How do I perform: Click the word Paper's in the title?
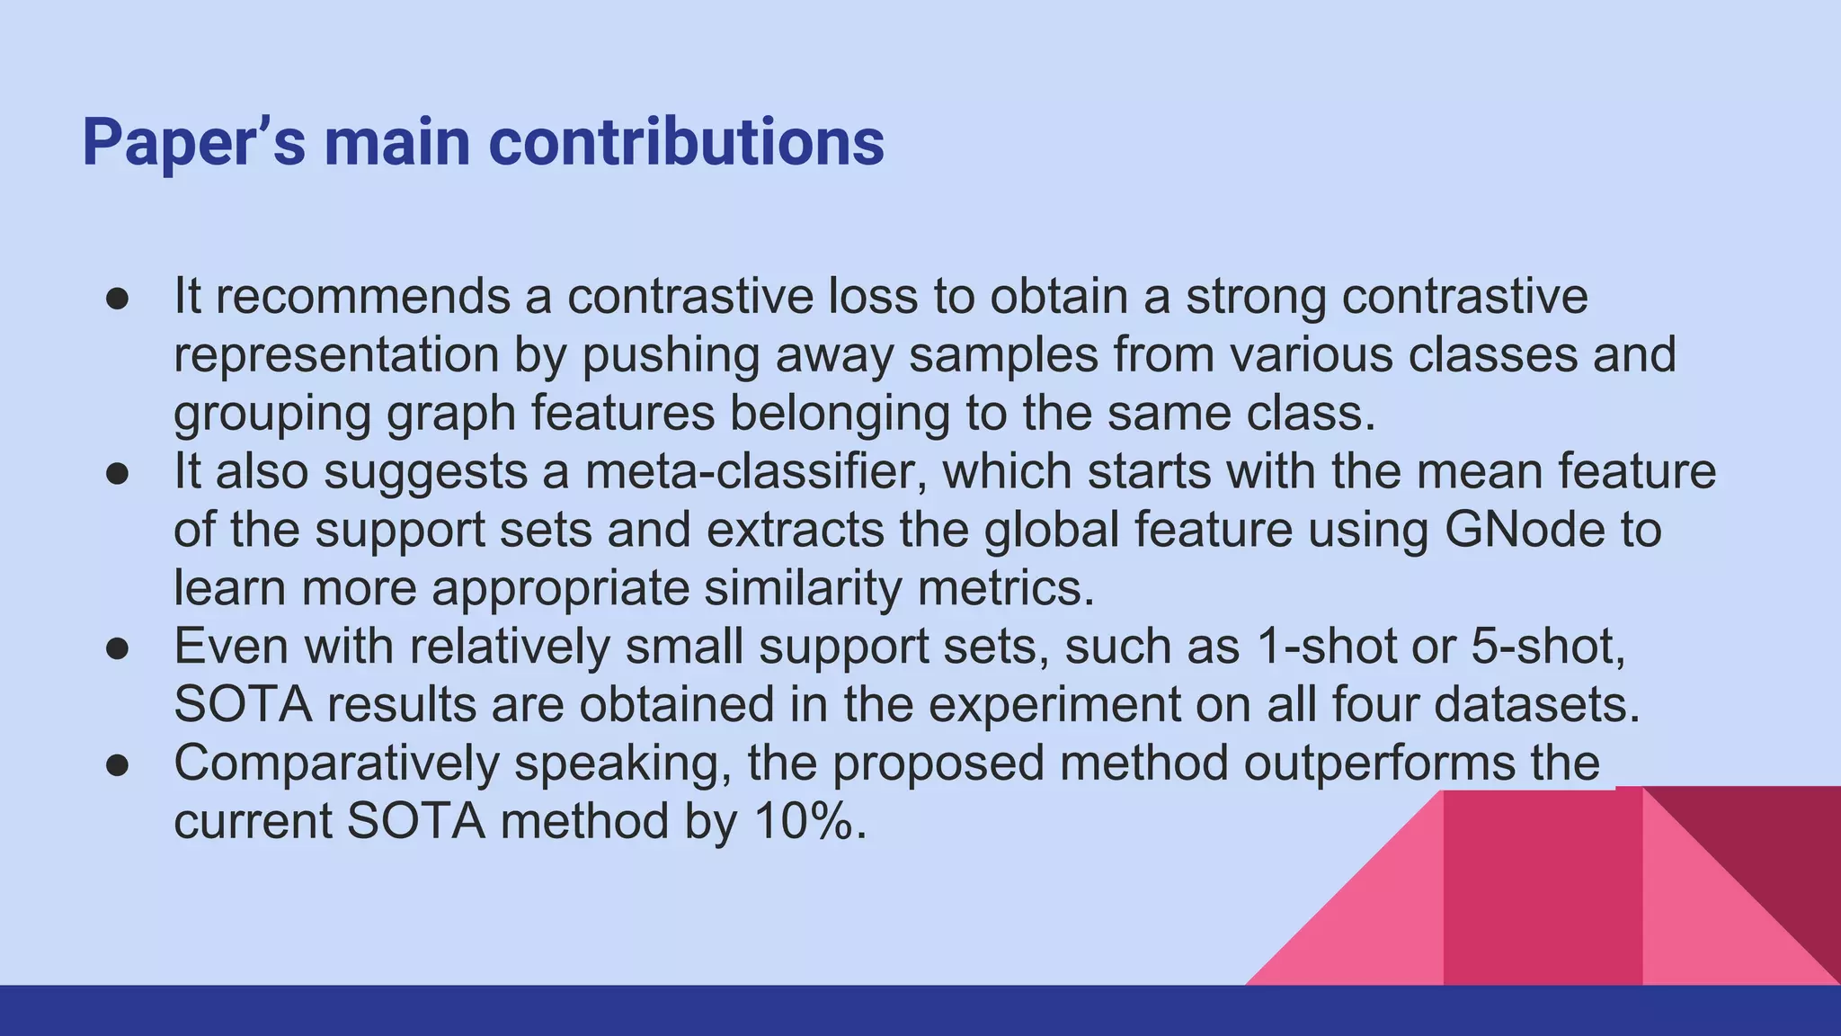[x=193, y=142]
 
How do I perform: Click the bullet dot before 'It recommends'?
[x=118, y=298]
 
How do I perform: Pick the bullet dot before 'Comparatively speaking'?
[x=118, y=764]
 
